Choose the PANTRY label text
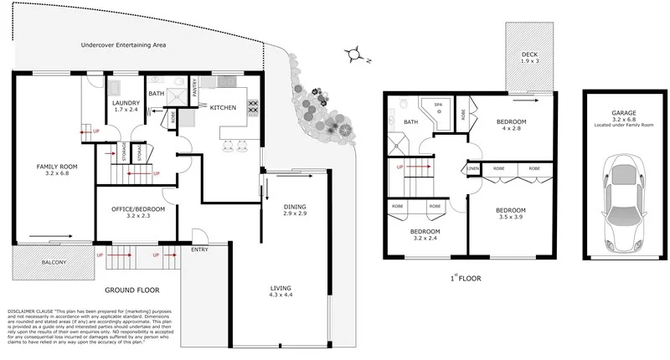(194, 88)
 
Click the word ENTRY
(200, 249)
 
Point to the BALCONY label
(42, 262)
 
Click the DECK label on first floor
(528, 54)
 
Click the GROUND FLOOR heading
(131, 290)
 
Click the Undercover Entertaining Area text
(124, 45)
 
